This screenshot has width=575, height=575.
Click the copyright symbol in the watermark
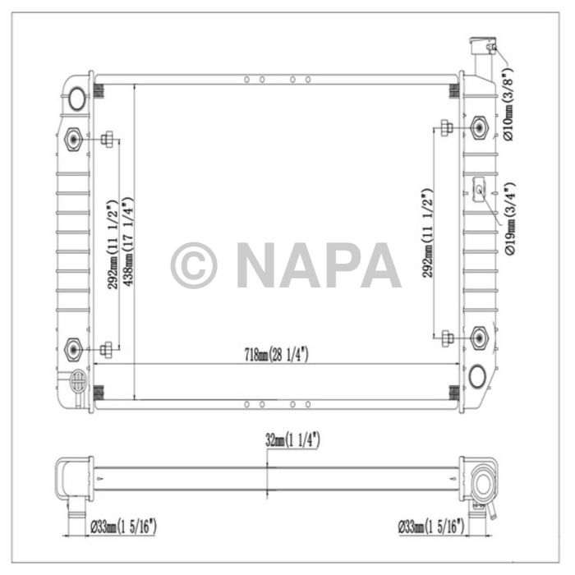194,264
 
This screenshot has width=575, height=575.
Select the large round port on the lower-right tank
476,377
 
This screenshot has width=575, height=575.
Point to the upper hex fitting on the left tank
73,140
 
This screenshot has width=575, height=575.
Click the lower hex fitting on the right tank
480,336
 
